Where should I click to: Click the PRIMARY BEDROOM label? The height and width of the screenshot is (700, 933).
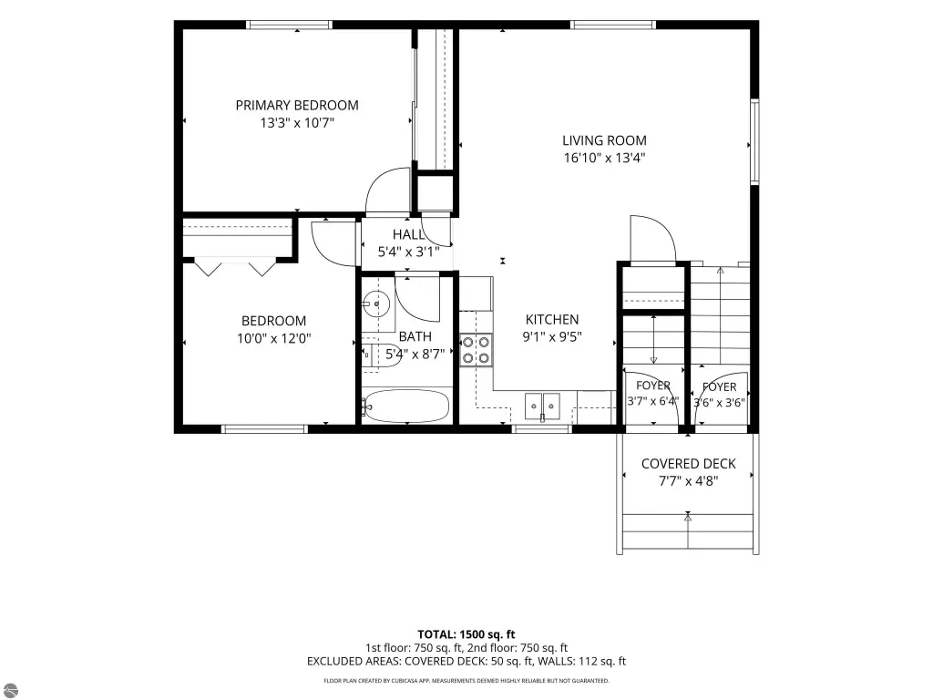click(x=297, y=106)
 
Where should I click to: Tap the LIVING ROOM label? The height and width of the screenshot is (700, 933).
click(x=605, y=140)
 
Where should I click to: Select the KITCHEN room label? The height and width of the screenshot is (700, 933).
click(x=552, y=320)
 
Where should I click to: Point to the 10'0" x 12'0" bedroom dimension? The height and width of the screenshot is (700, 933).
click(x=273, y=339)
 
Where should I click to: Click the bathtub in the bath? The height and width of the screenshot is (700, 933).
click(x=407, y=406)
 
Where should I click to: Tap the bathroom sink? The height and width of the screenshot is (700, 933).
click(x=376, y=304)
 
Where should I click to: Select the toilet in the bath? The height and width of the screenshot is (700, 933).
click(x=381, y=355)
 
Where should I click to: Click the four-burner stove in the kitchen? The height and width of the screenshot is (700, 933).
click(x=476, y=350)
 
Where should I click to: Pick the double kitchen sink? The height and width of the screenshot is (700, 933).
click(x=542, y=406)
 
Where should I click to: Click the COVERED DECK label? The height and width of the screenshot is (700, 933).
click(x=689, y=464)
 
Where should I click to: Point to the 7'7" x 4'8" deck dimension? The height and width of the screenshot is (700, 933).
click(x=689, y=481)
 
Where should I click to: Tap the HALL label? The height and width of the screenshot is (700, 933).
click(x=408, y=234)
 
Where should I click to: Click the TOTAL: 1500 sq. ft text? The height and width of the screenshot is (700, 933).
click(x=466, y=634)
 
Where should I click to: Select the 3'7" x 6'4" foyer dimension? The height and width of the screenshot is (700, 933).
click(x=652, y=401)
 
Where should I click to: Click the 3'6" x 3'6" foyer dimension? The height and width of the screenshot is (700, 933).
click(x=719, y=403)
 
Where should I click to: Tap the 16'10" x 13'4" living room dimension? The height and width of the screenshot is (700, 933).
click(x=605, y=158)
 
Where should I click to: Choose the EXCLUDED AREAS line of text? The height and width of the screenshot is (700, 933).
click(x=466, y=662)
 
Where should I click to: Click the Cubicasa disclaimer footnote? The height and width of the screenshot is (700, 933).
click(x=466, y=680)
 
